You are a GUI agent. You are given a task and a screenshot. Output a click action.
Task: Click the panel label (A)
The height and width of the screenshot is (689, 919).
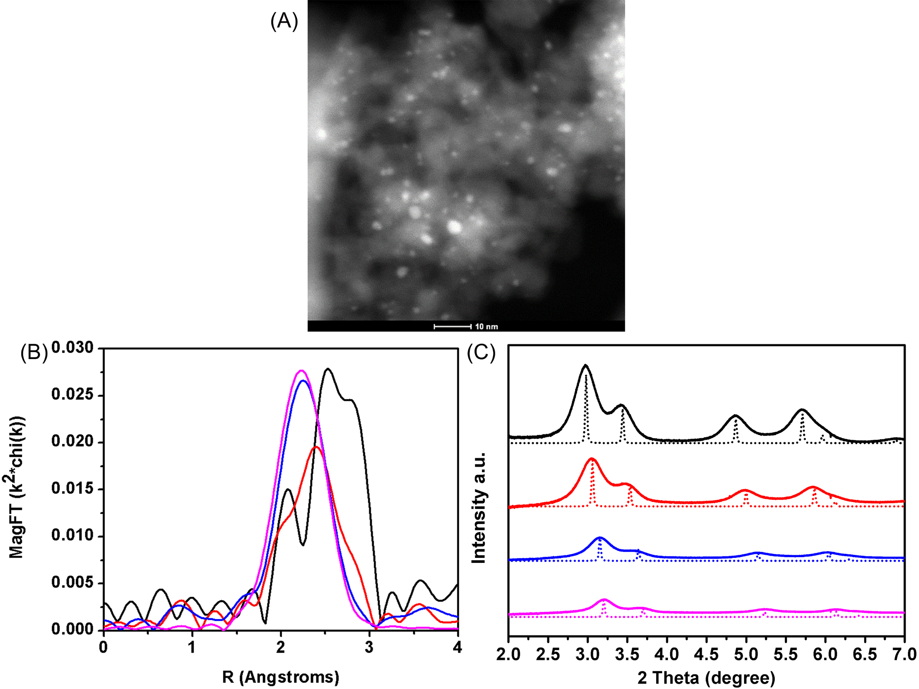(284, 21)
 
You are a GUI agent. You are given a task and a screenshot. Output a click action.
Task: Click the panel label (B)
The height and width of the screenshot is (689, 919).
(34, 353)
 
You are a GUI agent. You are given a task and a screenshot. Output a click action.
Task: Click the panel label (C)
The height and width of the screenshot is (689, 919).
(481, 353)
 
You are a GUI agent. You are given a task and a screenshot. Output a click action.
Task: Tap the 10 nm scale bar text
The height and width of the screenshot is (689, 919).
(487, 327)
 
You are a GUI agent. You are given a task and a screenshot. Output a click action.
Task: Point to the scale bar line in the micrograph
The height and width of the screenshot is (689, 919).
(453, 327)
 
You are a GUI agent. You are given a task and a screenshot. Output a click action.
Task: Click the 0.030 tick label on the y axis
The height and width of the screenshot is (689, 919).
(72, 347)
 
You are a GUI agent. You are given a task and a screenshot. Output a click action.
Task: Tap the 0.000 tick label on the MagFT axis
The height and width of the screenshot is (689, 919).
(72, 629)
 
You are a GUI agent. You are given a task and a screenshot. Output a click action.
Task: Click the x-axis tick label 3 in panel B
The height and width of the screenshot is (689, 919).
(369, 648)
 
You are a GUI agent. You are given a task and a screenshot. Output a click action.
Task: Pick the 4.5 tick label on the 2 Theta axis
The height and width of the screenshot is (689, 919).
(706, 654)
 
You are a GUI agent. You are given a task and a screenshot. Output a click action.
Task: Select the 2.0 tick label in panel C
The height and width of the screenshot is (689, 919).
(508, 654)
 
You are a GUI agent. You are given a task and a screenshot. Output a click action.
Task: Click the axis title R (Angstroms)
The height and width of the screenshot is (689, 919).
(281, 677)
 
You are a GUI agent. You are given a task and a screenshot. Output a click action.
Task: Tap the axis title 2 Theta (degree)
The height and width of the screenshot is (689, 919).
(706, 678)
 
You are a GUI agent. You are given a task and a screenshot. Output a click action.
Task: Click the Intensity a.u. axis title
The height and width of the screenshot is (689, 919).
(479, 507)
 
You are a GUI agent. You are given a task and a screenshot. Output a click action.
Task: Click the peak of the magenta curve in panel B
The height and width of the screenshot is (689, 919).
(302, 370)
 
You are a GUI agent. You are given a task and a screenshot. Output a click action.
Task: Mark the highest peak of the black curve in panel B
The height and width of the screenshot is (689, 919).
(328, 369)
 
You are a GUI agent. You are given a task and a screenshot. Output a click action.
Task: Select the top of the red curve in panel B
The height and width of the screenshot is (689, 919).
(316, 447)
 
